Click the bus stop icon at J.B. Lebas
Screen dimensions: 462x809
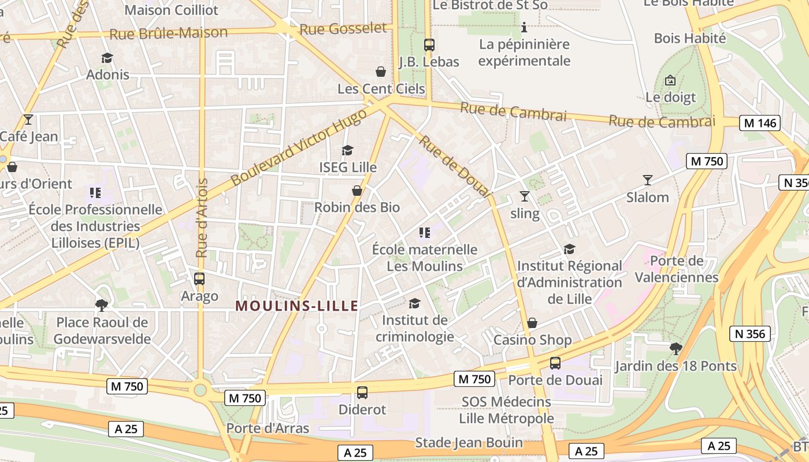(429, 44)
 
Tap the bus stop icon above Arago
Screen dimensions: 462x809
(199, 279)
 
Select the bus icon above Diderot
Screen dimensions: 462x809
(362, 393)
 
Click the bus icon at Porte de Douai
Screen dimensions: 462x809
(555, 363)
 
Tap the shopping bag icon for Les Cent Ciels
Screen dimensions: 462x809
(381, 72)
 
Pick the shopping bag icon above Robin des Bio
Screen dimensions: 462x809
(357, 191)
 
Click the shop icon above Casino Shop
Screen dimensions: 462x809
(532, 323)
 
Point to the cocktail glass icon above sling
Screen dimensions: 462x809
(524, 196)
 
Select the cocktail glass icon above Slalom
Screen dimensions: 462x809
(647, 180)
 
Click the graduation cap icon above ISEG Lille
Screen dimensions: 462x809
(347, 151)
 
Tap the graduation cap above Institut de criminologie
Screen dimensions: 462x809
(414, 303)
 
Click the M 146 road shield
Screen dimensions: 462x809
(760, 123)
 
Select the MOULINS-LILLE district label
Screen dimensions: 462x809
(297, 306)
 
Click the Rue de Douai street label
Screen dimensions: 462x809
(454, 167)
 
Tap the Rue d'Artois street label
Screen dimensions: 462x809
(202, 218)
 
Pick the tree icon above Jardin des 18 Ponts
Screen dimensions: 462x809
(675, 348)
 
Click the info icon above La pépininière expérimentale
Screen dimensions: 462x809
(524, 27)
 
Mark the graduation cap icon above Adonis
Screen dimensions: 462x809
(107, 58)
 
